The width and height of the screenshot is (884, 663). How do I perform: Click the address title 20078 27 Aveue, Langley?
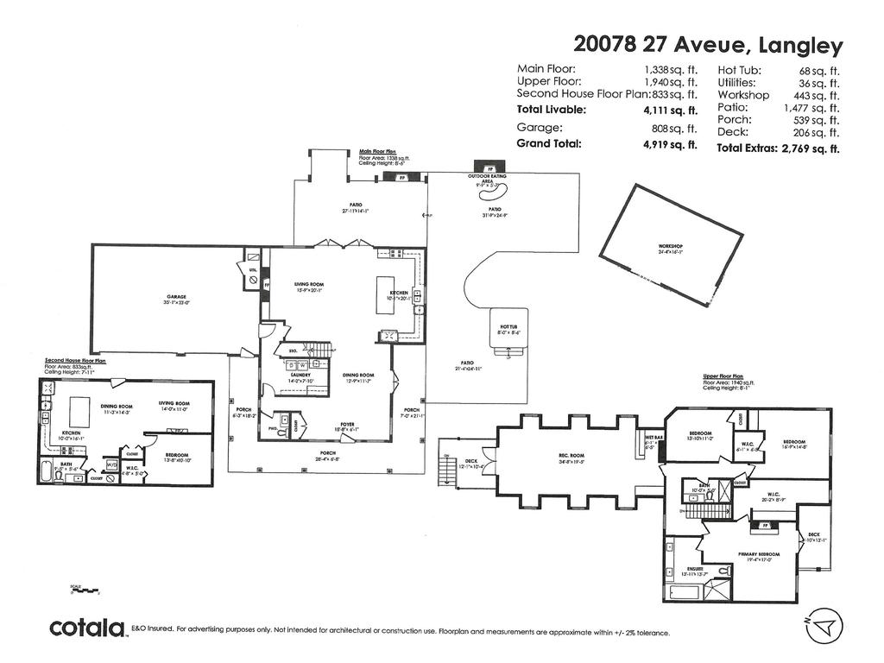point(708,45)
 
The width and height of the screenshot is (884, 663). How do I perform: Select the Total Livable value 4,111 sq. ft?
point(670,110)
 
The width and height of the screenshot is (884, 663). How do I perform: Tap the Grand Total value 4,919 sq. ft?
point(670,144)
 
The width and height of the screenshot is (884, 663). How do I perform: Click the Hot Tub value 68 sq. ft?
point(819,71)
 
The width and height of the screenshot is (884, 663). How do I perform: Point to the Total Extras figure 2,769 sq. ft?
point(810,148)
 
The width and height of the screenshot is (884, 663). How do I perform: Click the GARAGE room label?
point(177,297)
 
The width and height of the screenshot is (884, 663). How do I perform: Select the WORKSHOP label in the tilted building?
point(671,247)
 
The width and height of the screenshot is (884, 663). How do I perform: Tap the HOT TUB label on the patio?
point(508,327)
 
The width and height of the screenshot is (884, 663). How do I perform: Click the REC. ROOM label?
point(571,455)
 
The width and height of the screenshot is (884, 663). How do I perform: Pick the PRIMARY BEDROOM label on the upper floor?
point(759,554)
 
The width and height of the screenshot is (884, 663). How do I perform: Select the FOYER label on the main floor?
point(347,425)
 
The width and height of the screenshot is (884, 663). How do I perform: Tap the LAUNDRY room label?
point(300,376)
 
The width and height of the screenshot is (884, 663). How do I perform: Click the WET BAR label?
point(653,438)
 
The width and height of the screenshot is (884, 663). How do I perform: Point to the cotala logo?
point(87,628)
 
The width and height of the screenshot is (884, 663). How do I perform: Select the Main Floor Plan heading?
point(377,152)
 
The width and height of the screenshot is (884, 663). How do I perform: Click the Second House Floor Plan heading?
point(75,361)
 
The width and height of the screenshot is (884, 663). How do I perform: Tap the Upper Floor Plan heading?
point(723,376)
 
